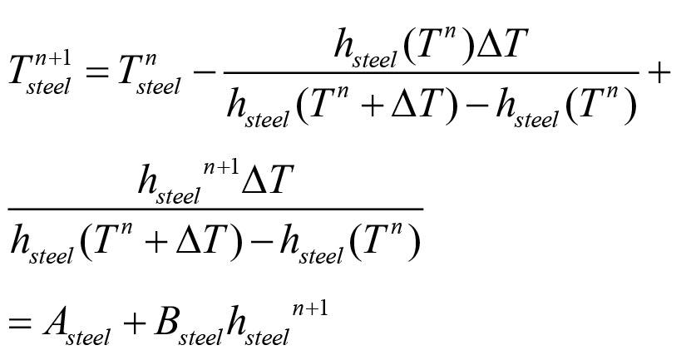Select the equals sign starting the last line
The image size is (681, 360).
coord(19,322)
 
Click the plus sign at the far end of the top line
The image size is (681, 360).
coord(658,72)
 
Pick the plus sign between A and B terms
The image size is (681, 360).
coord(133,322)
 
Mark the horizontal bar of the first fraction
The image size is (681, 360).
coord(432,72)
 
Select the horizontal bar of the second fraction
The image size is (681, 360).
coord(215,209)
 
